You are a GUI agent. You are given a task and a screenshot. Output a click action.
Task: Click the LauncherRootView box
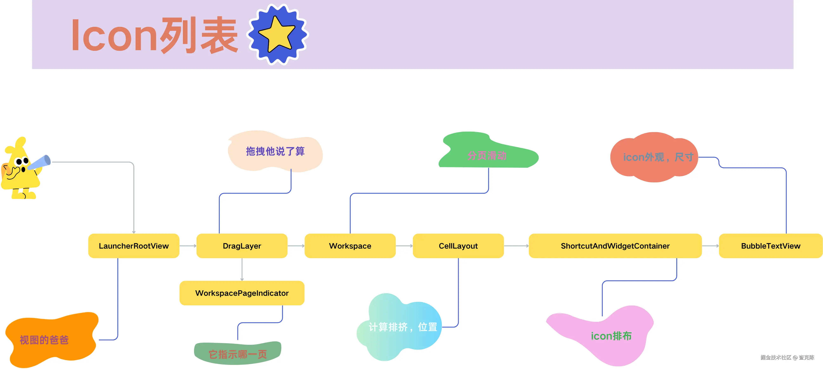click(133, 246)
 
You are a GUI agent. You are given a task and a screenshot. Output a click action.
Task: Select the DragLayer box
click(242, 246)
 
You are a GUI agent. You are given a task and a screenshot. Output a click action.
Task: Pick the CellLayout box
click(458, 246)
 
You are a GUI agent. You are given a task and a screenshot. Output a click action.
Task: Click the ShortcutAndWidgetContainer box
click(615, 246)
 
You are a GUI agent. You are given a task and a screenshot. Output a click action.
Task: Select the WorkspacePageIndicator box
click(242, 293)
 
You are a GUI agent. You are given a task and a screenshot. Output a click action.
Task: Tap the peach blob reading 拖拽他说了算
click(275, 151)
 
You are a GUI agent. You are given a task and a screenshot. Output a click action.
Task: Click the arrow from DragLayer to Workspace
click(296, 246)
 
